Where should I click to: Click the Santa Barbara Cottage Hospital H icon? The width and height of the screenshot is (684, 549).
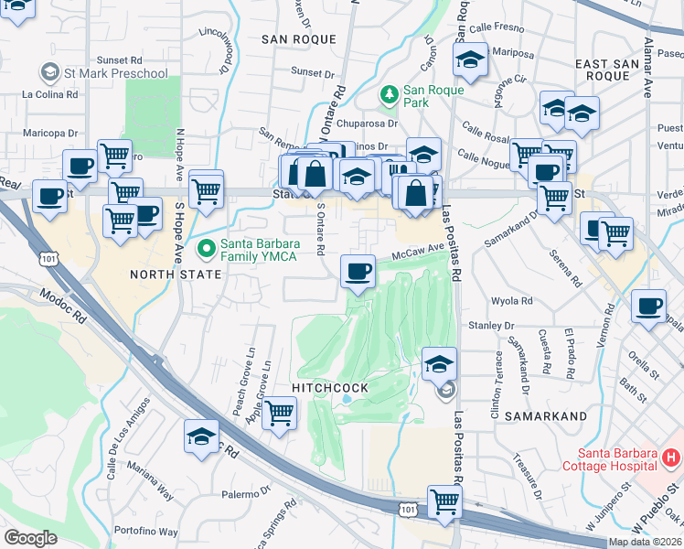(670, 456)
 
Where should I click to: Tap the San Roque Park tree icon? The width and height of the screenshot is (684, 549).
(390, 94)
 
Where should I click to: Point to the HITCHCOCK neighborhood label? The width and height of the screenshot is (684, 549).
(329, 388)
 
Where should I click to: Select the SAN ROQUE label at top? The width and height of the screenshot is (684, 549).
(299, 39)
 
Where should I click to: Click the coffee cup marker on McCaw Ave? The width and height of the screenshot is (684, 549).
(358, 271)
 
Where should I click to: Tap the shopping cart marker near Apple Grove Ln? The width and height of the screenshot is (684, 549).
(279, 413)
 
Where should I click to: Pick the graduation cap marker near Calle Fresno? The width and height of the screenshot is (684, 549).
(471, 60)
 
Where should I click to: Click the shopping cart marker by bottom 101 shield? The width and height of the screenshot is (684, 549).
(444, 501)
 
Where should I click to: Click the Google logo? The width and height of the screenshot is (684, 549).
(30, 538)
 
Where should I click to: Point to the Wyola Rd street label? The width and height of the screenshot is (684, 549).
(512, 300)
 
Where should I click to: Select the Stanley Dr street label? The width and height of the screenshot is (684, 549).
(491, 326)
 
